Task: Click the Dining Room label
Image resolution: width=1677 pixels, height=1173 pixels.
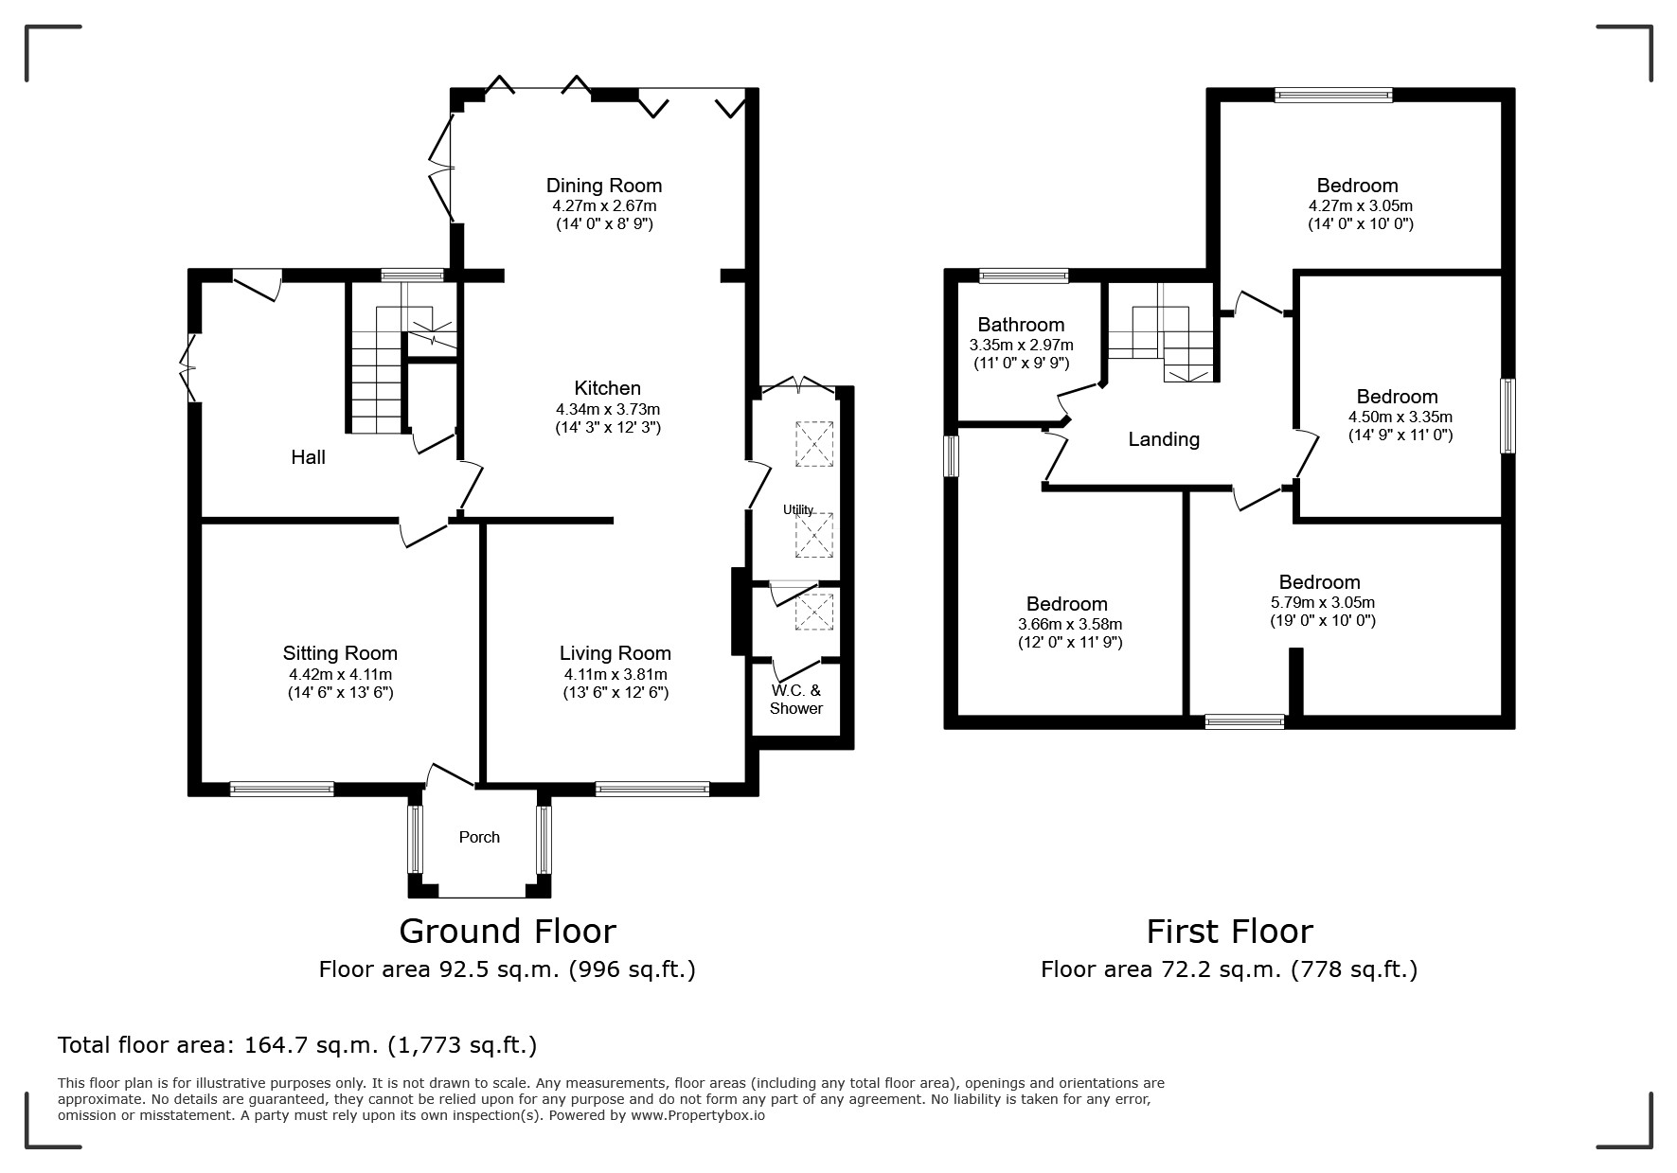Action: tap(604, 186)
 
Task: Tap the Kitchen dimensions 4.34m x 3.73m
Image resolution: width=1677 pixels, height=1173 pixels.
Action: tap(608, 410)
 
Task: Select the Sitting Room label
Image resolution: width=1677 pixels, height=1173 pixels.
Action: tap(340, 653)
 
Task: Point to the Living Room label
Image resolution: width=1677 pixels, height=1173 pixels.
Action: tap(615, 653)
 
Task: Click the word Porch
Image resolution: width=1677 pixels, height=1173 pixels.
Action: tap(479, 837)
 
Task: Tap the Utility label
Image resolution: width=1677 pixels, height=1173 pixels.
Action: tap(798, 509)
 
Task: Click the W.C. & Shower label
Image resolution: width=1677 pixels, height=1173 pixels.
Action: tap(796, 700)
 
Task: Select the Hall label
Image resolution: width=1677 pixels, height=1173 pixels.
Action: tap(309, 457)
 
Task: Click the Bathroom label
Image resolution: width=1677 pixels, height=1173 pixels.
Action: tap(1022, 325)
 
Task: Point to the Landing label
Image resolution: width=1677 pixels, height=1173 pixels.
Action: tap(1164, 439)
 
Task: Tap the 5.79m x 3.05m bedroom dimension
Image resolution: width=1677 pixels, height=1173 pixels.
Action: tap(1323, 602)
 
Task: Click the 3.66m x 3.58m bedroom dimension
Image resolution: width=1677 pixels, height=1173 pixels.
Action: tap(1070, 625)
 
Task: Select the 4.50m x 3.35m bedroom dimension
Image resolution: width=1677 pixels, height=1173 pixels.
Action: tap(1400, 417)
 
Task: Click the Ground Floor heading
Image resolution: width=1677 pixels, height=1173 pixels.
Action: tap(508, 932)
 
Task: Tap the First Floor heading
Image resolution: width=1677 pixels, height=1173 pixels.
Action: tap(1230, 932)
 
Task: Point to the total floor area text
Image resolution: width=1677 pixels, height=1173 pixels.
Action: tap(297, 1045)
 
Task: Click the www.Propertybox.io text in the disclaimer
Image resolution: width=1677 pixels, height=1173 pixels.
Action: tap(698, 1115)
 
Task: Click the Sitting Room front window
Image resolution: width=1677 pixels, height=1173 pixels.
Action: tap(282, 789)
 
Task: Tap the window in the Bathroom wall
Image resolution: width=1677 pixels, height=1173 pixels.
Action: tap(1024, 276)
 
